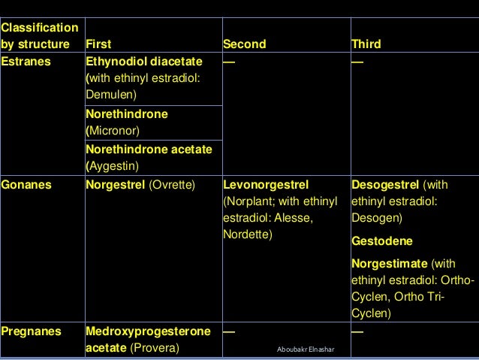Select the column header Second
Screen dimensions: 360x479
coord(245,44)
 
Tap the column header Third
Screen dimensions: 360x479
coord(366,44)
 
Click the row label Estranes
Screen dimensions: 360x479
coord(26,62)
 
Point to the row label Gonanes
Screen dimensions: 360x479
coord(26,183)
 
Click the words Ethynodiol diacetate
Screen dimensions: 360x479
coord(143,62)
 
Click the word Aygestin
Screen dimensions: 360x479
coord(113,165)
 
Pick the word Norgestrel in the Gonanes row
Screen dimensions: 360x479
coord(116,183)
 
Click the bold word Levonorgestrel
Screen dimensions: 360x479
coord(267,183)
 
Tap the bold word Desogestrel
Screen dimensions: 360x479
coord(385,183)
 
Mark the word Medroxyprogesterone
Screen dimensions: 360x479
coord(147,331)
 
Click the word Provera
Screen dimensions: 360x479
coord(155,348)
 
